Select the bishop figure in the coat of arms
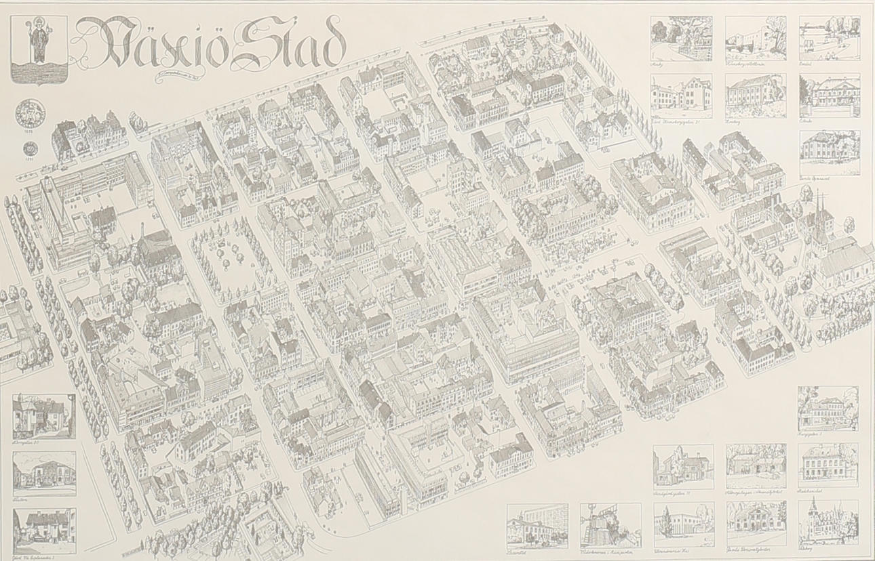(x=39, y=42)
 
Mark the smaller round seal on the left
(x=28, y=148)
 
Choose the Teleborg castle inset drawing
(x=828, y=521)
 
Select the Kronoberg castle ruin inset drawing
(x=756, y=38)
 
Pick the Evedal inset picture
(x=829, y=38)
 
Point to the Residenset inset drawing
(x=828, y=465)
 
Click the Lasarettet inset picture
(x=537, y=525)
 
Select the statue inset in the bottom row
(x=610, y=525)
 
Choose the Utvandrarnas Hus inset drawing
(x=683, y=524)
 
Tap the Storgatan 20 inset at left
(x=44, y=416)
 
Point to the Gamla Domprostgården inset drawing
(x=756, y=523)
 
